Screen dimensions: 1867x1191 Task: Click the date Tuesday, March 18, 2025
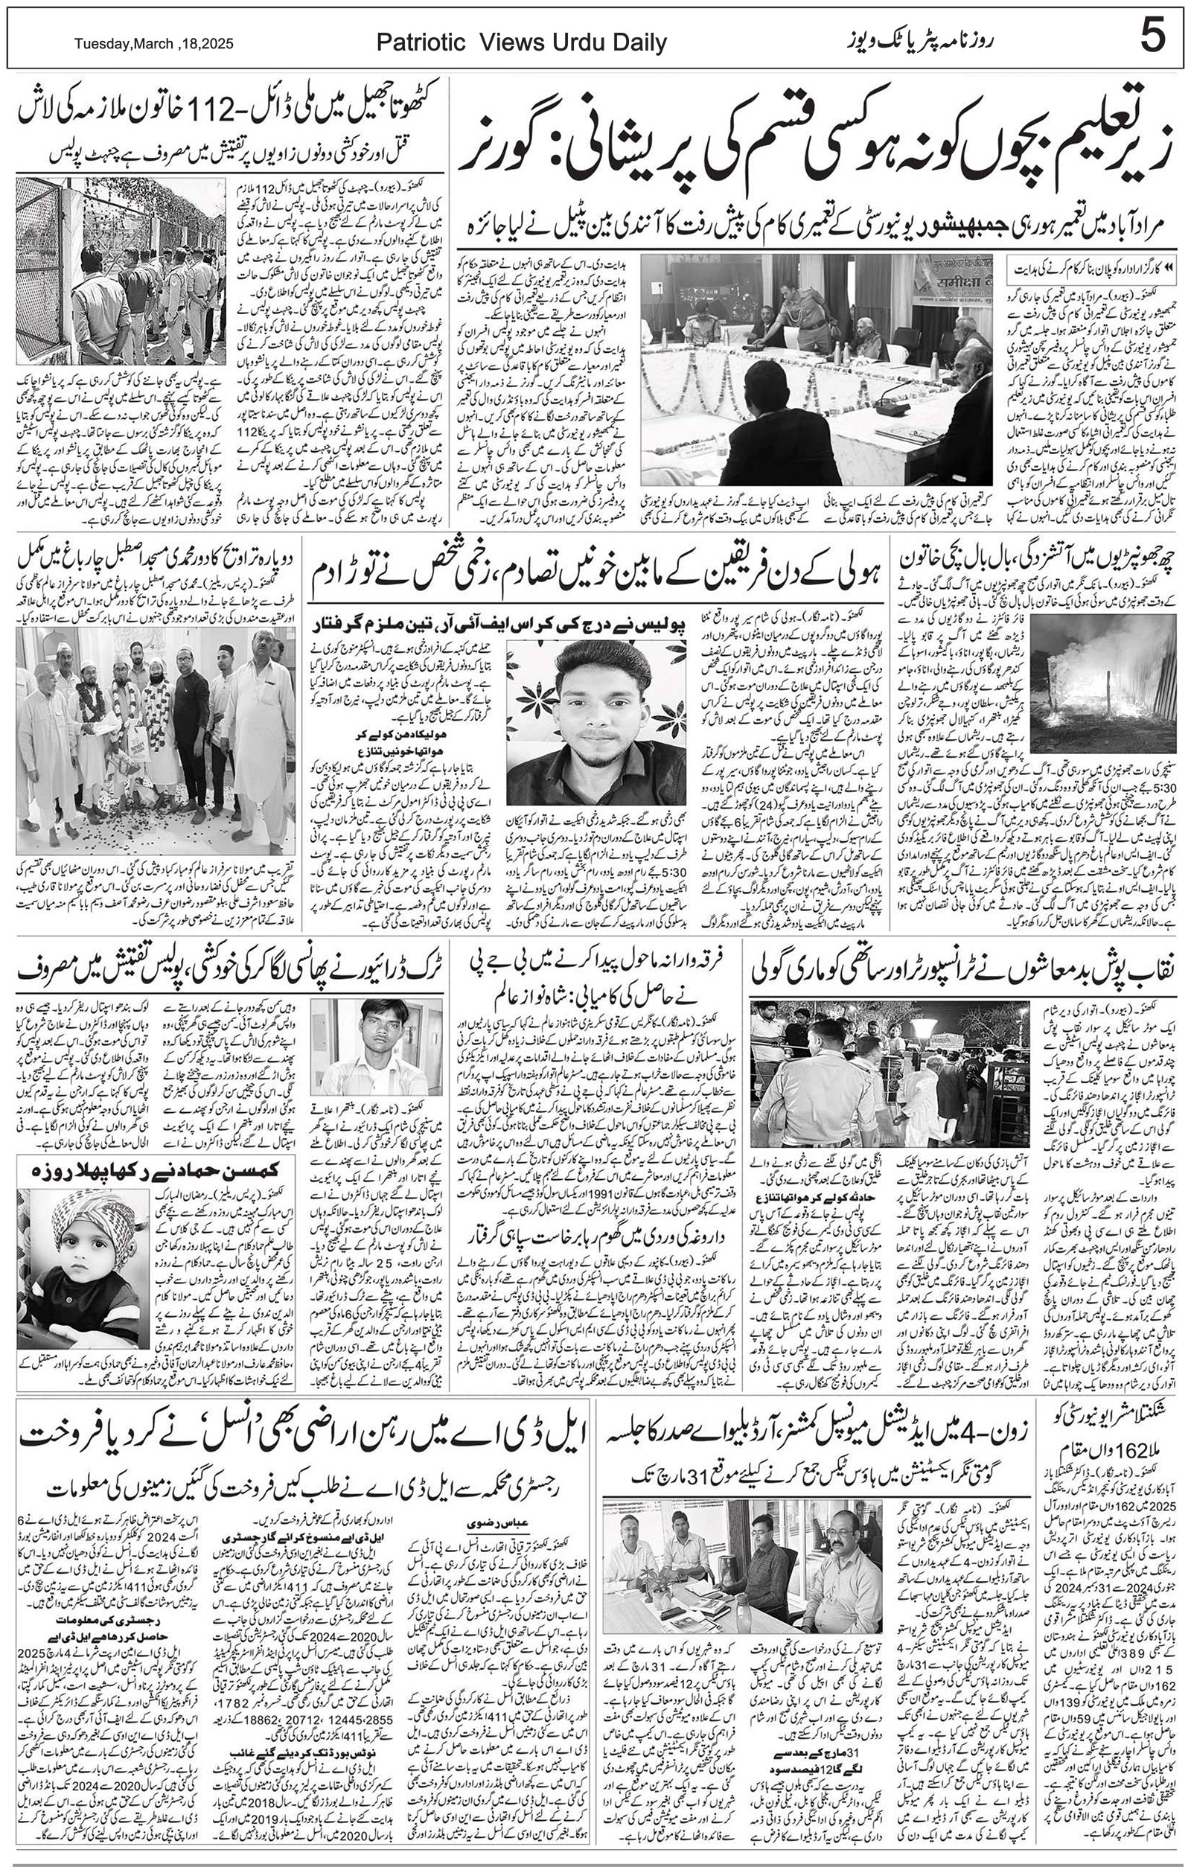pyautogui.click(x=153, y=44)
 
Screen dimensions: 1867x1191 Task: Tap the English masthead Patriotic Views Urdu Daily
pyautogui.click(x=521, y=43)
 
